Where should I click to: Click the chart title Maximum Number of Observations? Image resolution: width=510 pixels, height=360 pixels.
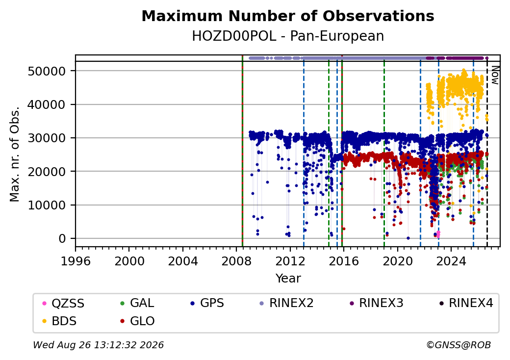point(288,16)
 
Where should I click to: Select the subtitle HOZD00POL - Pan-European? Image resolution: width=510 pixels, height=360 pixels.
point(288,36)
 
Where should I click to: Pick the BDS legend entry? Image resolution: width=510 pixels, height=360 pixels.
point(60,321)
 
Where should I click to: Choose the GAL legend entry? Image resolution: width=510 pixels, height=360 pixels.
point(138,303)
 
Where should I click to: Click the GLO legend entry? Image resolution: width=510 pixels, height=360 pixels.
point(138,321)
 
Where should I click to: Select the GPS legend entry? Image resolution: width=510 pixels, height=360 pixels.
point(207,303)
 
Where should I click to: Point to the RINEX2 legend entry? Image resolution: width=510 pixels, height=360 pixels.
point(286,303)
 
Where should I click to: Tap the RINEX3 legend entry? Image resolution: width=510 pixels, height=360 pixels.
point(376,303)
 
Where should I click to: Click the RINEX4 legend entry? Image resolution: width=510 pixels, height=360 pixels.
point(466,303)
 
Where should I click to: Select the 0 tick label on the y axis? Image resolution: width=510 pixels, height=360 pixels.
point(62,239)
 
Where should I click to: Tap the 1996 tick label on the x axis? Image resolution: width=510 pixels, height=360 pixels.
point(76,261)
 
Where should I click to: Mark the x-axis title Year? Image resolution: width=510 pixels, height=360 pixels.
point(288,279)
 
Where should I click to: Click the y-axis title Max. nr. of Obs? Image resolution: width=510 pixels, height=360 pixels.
point(14,154)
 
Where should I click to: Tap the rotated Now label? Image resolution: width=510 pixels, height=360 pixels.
point(495,75)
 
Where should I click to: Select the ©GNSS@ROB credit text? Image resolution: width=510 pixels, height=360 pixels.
point(459,345)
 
